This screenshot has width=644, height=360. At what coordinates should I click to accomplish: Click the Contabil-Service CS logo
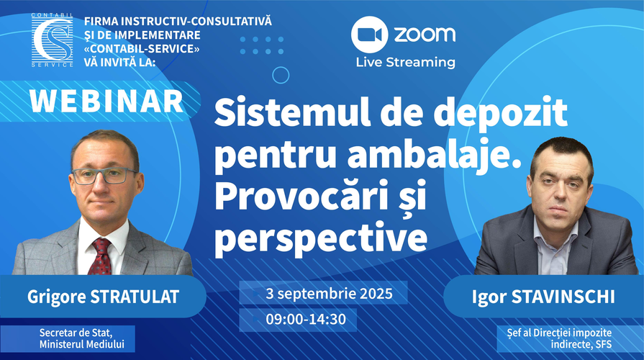[x=52, y=40]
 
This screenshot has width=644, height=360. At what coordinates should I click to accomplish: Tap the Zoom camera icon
[x=369, y=35]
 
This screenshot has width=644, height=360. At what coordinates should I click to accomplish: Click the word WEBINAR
[x=106, y=101]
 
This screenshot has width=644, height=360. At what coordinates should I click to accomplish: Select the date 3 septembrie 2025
[x=329, y=294]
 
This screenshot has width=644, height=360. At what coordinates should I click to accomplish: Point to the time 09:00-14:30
[x=306, y=319]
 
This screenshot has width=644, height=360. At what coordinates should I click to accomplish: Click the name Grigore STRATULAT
[x=103, y=297]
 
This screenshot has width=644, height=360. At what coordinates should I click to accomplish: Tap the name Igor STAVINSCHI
[x=543, y=297]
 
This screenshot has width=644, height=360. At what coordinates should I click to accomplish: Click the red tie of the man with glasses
[x=100, y=257]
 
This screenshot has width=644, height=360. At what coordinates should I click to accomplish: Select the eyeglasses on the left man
[x=105, y=176]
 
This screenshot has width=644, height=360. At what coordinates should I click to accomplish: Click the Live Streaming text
[x=405, y=63]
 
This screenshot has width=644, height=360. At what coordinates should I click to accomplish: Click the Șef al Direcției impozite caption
[x=559, y=333]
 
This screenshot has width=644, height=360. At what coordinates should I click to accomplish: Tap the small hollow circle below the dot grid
[x=281, y=75]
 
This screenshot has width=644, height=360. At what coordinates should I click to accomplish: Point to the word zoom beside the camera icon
[x=425, y=35]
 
